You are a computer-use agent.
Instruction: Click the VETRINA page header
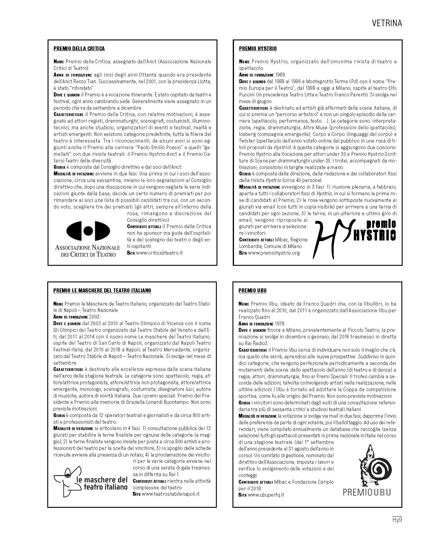[387, 23]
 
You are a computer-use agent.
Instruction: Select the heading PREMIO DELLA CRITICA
[79, 49]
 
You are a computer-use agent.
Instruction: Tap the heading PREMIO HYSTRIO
[258, 49]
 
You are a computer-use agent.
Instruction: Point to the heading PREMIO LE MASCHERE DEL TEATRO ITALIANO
[102, 291]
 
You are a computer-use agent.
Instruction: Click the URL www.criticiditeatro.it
[159, 253]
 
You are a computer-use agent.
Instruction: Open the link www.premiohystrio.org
[273, 253]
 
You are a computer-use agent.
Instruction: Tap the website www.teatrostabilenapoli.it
[170, 494]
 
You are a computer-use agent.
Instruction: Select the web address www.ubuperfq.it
[266, 495]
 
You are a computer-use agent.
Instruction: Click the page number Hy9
[397, 520]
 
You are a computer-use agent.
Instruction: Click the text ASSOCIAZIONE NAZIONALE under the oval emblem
[88, 248]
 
